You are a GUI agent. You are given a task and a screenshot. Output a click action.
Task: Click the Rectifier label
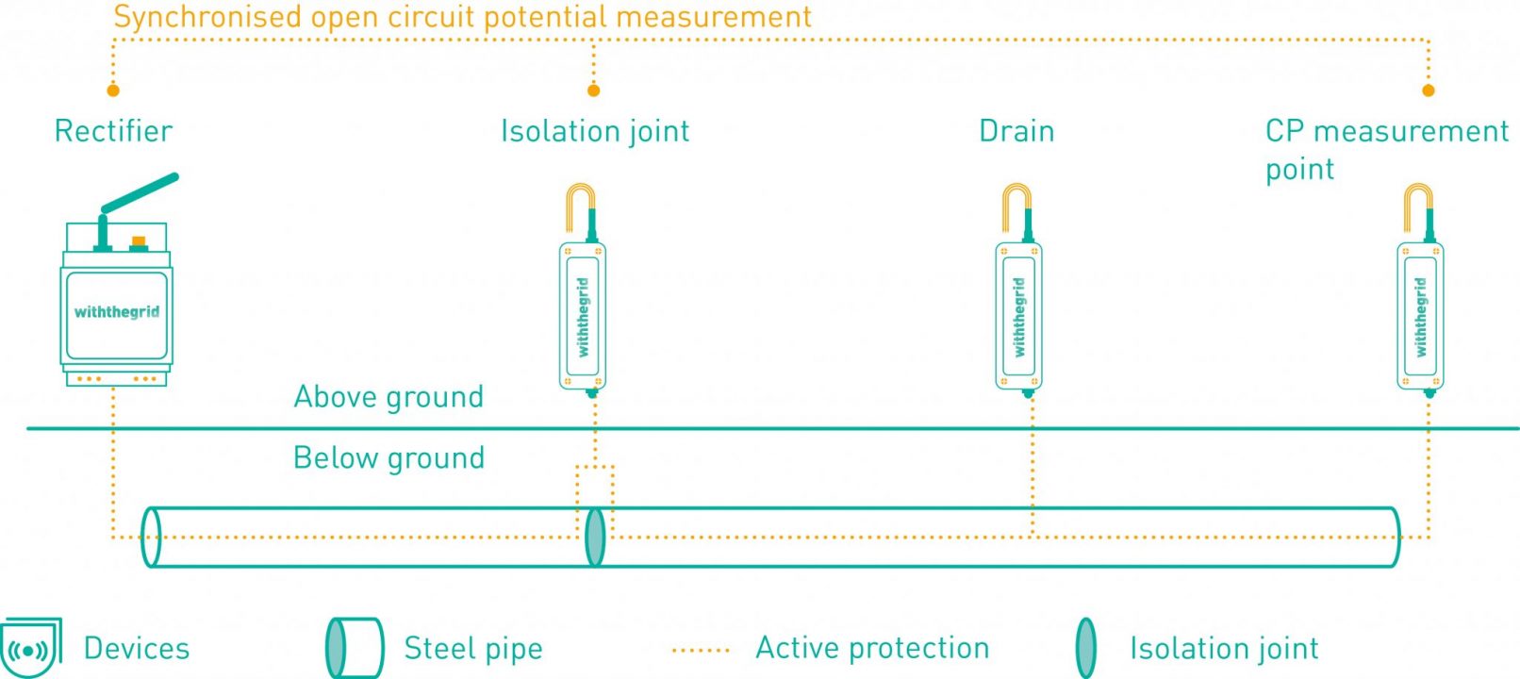(x=113, y=131)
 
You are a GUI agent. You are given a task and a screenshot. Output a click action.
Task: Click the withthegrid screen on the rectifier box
(x=116, y=312)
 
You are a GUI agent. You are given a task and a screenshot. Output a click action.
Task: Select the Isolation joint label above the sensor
(x=594, y=131)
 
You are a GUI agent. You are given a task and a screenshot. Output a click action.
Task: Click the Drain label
(x=1016, y=131)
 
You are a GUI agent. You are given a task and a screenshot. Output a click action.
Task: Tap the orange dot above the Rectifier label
(x=113, y=91)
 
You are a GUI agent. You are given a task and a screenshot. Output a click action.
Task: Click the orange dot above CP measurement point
(x=1428, y=91)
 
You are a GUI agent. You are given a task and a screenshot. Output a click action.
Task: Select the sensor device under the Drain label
(x=1018, y=316)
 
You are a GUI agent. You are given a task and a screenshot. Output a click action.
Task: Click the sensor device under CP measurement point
(x=1420, y=316)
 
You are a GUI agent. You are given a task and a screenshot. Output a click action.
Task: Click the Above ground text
(x=388, y=397)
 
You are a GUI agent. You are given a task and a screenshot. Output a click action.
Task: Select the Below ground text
(x=388, y=458)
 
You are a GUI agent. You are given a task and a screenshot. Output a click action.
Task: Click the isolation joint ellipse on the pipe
(x=595, y=537)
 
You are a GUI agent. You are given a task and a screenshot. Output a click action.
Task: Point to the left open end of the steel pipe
(x=151, y=537)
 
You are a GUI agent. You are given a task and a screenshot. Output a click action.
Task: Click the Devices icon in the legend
(x=30, y=649)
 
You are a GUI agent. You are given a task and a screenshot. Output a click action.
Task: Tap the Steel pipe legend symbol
(x=354, y=649)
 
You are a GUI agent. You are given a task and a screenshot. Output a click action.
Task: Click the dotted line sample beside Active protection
(x=701, y=650)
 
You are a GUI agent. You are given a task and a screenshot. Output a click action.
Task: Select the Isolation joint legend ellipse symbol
(x=1086, y=649)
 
